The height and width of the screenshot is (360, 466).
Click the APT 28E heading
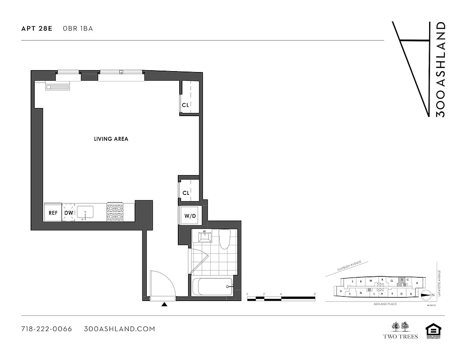point(37,28)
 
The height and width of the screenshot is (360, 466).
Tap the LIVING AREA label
point(111,139)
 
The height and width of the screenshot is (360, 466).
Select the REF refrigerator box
point(53,212)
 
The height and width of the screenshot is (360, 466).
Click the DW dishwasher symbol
point(68,212)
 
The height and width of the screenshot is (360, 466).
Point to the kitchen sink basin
point(85,212)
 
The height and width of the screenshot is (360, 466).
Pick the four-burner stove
point(114,212)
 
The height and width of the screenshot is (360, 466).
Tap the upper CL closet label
point(185,105)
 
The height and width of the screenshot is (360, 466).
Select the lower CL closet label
point(185,193)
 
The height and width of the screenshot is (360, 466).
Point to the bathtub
point(212,287)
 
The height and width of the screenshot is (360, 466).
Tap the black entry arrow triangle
point(164,305)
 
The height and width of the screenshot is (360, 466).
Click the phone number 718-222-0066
point(46,329)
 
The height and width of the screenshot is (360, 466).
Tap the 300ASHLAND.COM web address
point(119,329)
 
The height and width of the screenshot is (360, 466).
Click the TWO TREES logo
point(400,330)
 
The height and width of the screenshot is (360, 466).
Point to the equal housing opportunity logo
point(433,331)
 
